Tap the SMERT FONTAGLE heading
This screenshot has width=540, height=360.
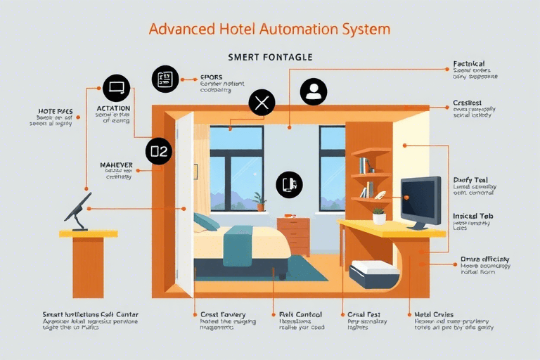270,57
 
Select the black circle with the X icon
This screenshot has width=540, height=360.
262,104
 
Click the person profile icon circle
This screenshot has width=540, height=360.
314,91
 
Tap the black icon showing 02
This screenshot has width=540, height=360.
159,150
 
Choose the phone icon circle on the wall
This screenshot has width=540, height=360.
289,184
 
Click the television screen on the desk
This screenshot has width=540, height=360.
420,199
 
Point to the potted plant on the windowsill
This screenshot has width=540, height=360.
261,201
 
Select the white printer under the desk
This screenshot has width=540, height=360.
374,274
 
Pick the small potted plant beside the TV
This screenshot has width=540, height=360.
379,216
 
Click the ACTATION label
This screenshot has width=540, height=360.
113,108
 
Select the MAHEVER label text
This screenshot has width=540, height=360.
117,165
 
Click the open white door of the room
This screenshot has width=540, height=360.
184,204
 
